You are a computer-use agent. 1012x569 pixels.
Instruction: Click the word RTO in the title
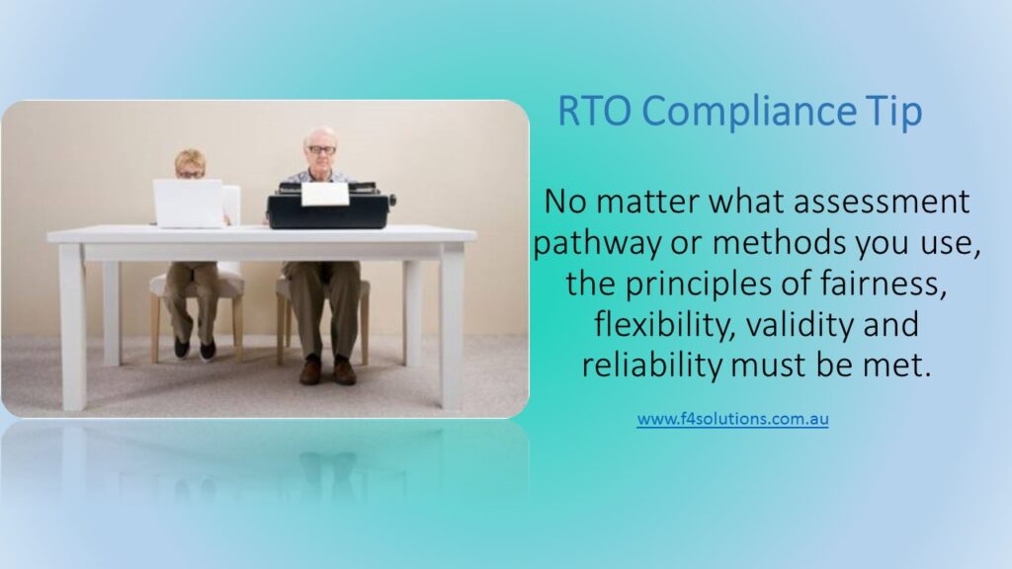click(x=594, y=111)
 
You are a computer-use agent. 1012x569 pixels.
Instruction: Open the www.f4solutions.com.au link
click(x=732, y=419)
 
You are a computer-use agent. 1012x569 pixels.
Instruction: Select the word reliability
click(x=652, y=366)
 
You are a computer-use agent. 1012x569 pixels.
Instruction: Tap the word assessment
click(x=881, y=202)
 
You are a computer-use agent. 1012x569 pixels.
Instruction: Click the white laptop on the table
click(x=189, y=203)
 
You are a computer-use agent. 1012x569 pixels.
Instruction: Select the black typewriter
click(x=330, y=205)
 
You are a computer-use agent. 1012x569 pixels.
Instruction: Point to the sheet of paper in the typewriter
click(x=325, y=194)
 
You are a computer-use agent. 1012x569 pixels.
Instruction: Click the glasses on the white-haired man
click(x=321, y=150)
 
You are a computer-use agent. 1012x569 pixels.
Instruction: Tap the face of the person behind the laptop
click(x=190, y=168)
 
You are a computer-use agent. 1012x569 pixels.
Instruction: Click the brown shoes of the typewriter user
click(x=327, y=371)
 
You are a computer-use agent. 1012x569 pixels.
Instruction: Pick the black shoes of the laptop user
click(x=195, y=349)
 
